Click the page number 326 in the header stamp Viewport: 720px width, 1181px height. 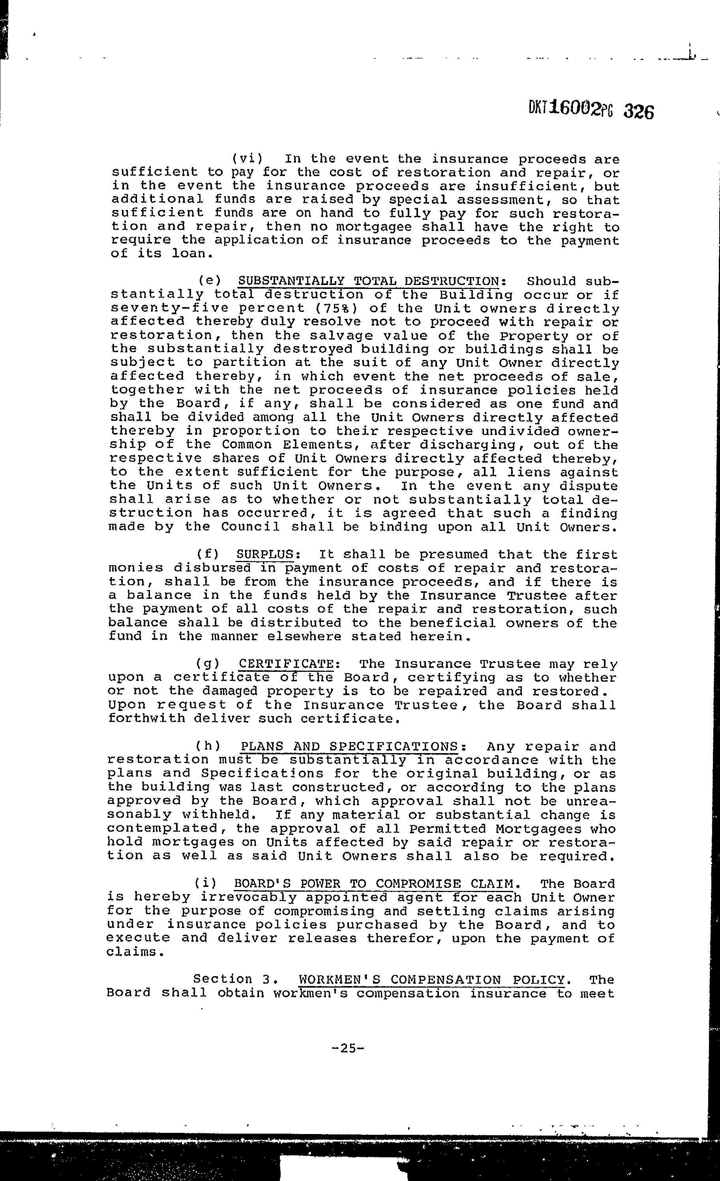(639, 112)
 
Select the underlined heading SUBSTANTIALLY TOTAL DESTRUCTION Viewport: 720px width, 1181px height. (369, 281)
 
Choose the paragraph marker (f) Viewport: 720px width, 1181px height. (208, 555)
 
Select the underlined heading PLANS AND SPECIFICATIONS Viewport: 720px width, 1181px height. (349, 746)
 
